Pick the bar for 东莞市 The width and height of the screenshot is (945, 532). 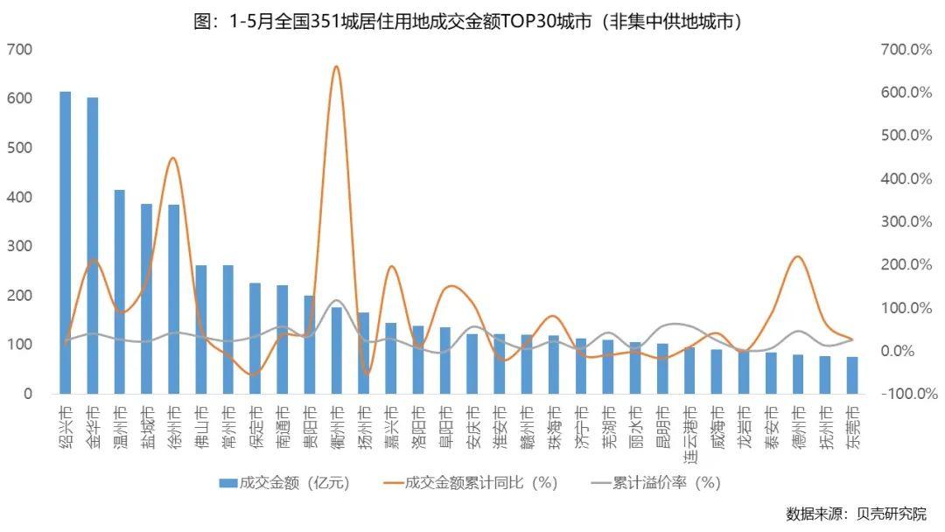pyautogui.click(x=852, y=375)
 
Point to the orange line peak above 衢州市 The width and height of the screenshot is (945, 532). pyautogui.click(x=336, y=66)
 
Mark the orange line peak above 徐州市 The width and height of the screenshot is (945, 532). pyautogui.click(x=173, y=158)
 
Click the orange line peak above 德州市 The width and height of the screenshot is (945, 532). pyautogui.click(x=797, y=256)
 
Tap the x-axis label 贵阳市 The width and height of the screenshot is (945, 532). pyautogui.click(x=309, y=422)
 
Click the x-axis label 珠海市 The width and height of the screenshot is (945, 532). pyautogui.click(x=554, y=422)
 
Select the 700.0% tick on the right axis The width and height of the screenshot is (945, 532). pyautogui.click(x=906, y=50)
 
